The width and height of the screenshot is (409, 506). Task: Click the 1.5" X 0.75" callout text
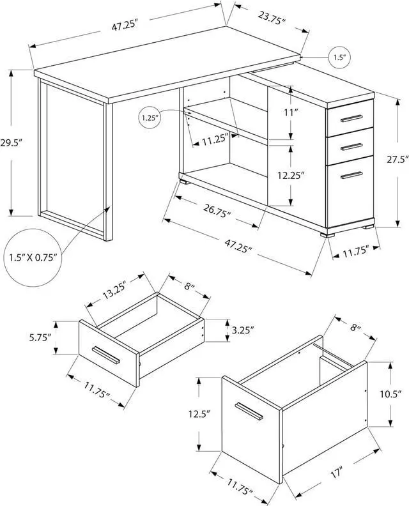[34, 257]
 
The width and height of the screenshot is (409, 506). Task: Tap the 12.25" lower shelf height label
[291, 173]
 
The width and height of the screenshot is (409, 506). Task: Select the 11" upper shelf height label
[291, 112]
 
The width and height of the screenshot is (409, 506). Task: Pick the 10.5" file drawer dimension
[390, 394]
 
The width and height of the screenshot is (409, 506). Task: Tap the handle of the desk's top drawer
[351, 119]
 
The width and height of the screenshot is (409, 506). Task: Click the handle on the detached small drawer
[106, 355]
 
